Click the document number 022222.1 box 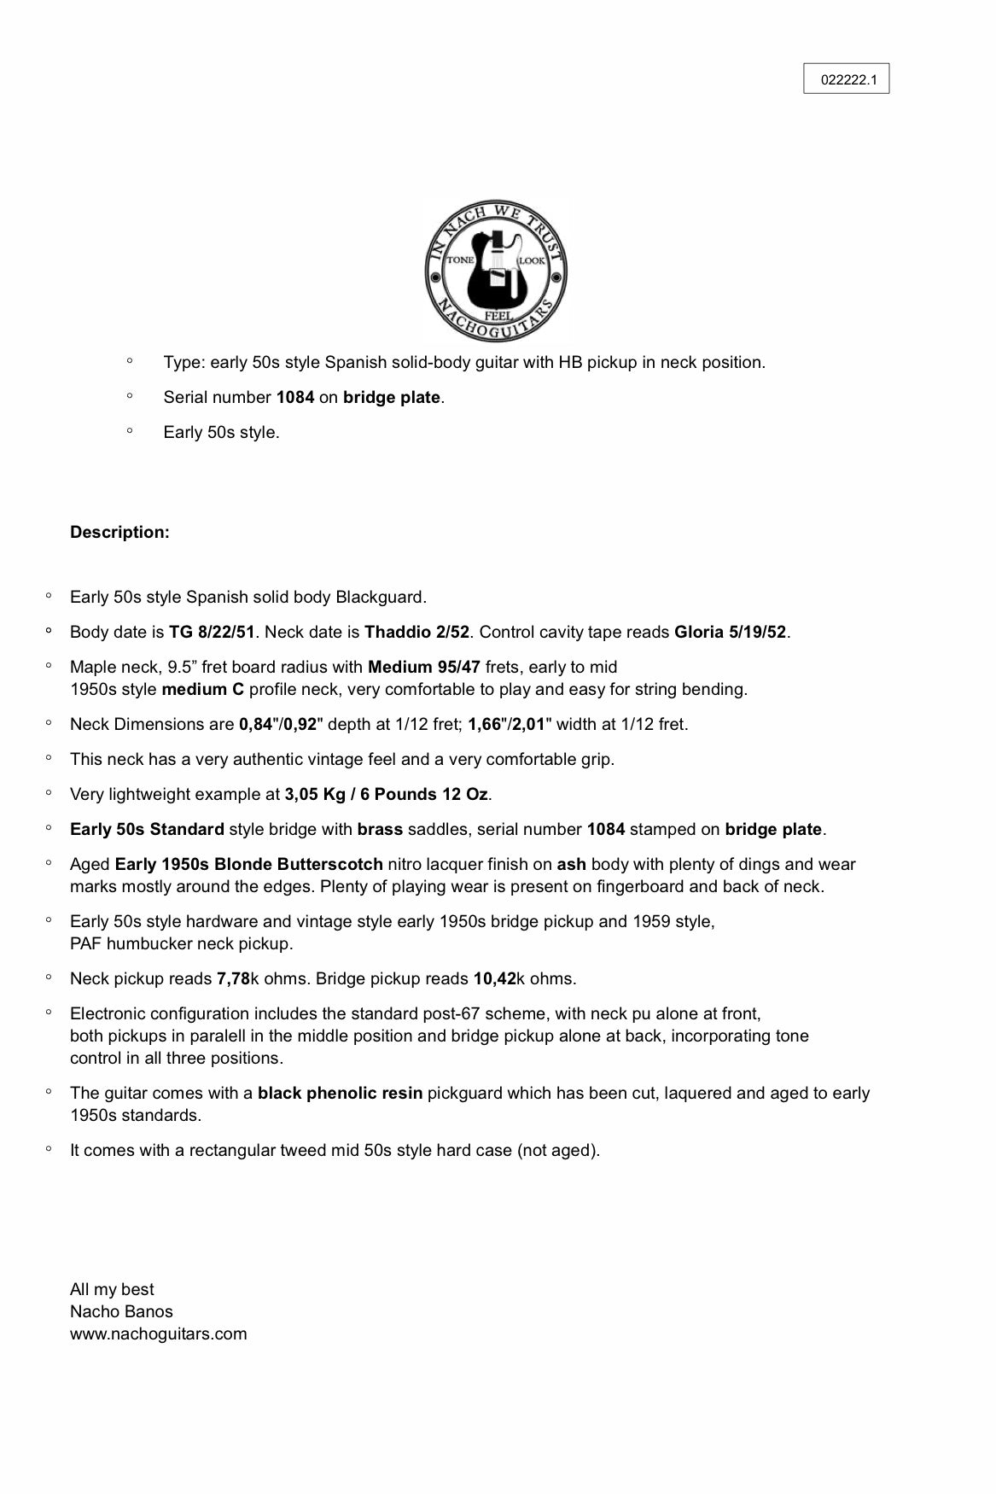click(846, 79)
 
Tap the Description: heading click(119, 532)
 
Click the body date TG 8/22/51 click(212, 632)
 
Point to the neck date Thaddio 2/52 click(416, 632)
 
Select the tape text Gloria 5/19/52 click(730, 632)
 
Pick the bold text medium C click(203, 689)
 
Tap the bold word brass click(380, 829)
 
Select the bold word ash click(572, 864)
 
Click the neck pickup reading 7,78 click(233, 978)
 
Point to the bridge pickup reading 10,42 click(494, 978)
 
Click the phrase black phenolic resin click(340, 1093)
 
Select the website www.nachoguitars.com click(158, 1334)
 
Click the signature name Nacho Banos click(121, 1311)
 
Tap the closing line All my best click(112, 1289)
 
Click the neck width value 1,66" click(487, 724)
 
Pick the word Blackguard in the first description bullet click(380, 597)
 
